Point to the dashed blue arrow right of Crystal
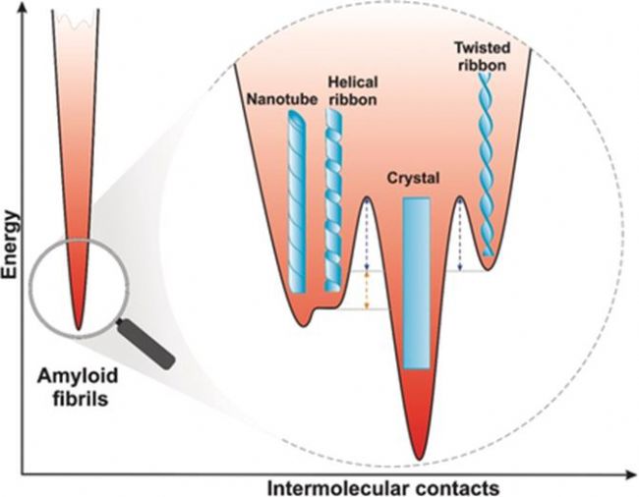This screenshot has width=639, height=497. pyautogui.click(x=460, y=237)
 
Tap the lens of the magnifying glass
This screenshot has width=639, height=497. pyautogui.click(x=77, y=285)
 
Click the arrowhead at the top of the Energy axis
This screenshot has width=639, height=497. pyautogui.click(x=24, y=9)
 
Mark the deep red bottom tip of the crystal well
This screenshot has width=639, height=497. pyautogui.click(x=419, y=447)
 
